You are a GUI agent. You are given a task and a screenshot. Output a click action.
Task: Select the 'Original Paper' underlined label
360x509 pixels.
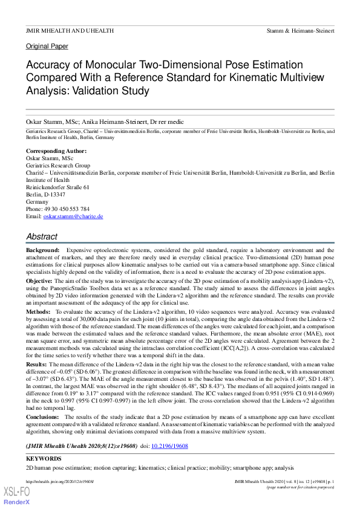point(47,46)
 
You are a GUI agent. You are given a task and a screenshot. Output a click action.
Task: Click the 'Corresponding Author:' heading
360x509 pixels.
point(56,151)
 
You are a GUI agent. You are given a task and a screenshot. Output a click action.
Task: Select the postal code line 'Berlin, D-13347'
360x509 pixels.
point(46,194)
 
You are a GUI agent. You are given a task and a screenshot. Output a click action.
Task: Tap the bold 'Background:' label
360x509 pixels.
point(43,250)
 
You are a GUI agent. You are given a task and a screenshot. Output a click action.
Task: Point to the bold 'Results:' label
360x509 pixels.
point(37,366)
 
